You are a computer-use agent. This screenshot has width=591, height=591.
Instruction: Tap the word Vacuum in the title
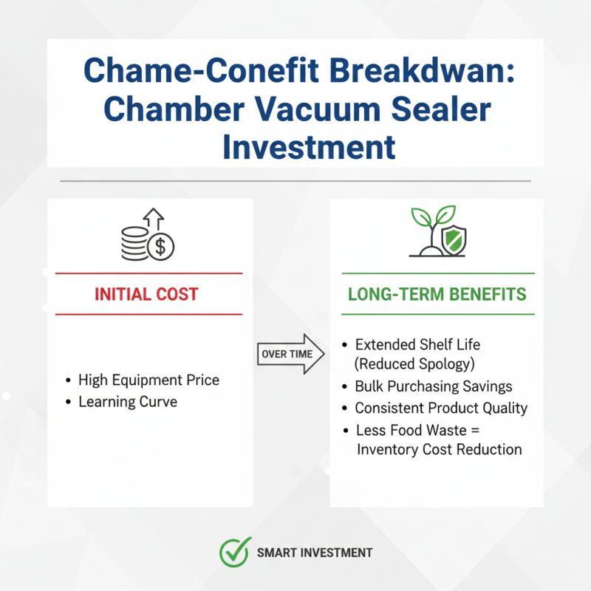tap(334, 110)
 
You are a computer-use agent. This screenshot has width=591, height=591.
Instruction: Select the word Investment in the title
tap(309, 147)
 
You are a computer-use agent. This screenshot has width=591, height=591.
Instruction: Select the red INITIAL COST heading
tap(146, 294)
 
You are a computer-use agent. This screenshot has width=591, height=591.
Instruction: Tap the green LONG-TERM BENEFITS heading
tap(437, 294)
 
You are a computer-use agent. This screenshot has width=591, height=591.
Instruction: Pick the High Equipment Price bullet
tap(148, 380)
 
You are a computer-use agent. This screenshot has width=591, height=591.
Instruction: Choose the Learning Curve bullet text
tap(128, 402)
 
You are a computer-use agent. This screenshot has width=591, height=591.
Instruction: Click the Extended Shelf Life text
tap(417, 345)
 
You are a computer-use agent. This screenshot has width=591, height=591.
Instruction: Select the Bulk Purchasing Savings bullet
tap(433, 386)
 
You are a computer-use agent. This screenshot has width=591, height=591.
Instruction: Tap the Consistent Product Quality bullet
tap(441, 408)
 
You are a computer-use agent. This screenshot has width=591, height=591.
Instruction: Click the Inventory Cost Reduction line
tap(439, 449)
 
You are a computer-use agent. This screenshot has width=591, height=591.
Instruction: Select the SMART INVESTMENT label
tap(315, 553)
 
